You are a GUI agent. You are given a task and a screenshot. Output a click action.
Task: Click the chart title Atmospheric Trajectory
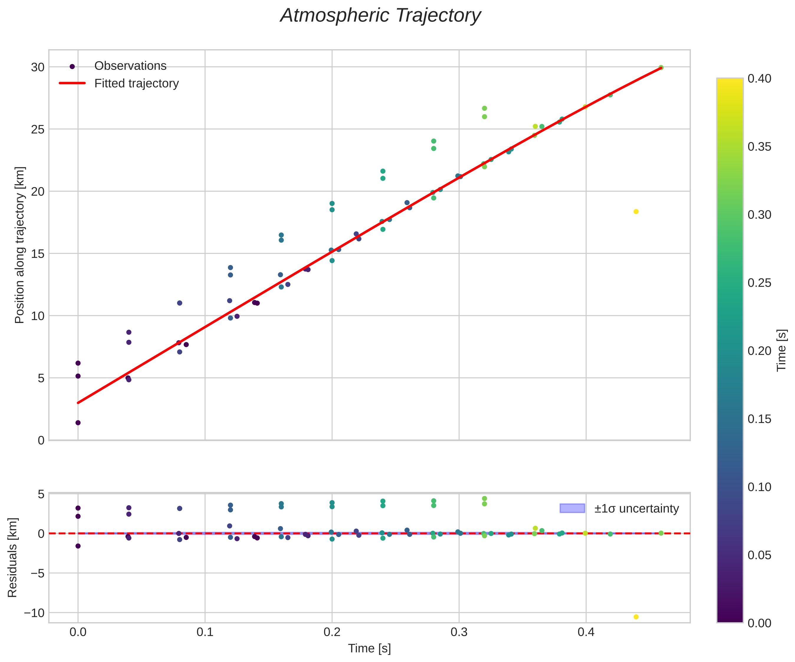[x=380, y=16]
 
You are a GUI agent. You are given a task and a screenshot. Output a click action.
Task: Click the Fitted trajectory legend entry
[x=136, y=83]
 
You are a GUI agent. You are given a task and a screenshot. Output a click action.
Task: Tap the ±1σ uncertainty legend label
[x=636, y=508]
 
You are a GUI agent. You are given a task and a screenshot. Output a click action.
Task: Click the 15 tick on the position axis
[x=38, y=253]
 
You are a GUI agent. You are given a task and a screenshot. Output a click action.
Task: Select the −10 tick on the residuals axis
[x=34, y=613]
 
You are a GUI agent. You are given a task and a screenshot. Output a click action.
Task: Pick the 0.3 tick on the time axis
[x=459, y=633]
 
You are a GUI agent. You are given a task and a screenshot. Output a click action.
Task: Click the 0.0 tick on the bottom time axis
[x=78, y=633]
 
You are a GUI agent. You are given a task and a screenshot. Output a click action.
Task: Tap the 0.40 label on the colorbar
[x=759, y=79]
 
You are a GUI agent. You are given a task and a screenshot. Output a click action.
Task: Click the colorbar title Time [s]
[x=781, y=350]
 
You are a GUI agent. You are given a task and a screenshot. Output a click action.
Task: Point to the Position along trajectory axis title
[x=20, y=245]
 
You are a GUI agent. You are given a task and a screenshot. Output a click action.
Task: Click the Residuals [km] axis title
[x=12, y=558]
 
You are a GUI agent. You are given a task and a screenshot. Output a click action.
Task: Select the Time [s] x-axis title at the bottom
[x=369, y=648]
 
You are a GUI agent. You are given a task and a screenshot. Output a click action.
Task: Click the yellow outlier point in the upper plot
[x=636, y=212]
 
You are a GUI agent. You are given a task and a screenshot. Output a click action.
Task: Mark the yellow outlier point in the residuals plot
[x=636, y=617]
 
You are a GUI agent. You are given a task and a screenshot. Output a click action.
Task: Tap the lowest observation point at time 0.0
[x=78, y=423]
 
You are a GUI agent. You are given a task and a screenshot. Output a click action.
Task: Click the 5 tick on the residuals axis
[x=41, y=494]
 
